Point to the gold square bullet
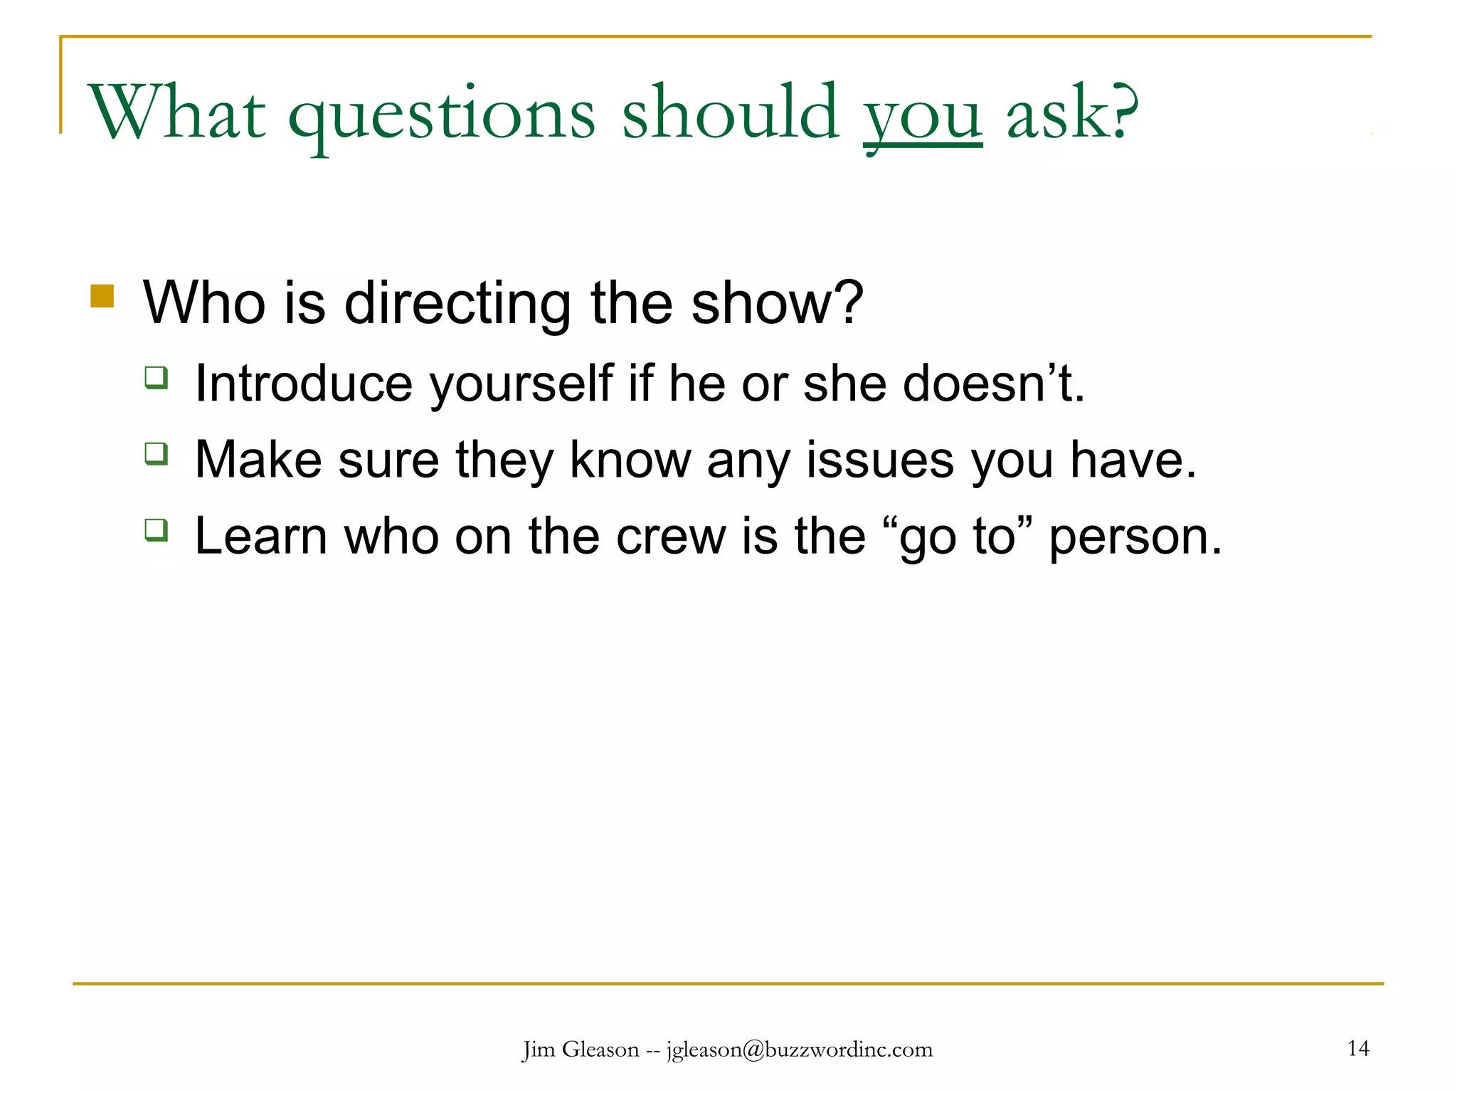point(102,296)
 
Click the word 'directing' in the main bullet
point(457,303)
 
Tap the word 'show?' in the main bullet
point(777,303)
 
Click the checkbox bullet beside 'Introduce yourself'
point(157,376)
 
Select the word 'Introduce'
point(303,384)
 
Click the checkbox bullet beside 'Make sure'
point(157,453)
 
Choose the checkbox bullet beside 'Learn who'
point(157,529)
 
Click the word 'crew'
point(670,537)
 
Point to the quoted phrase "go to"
point(957,537)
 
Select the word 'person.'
point(1135,538)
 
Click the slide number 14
point(1358,1048)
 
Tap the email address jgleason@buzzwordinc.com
point(800,1050)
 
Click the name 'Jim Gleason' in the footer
point(581,1050)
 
